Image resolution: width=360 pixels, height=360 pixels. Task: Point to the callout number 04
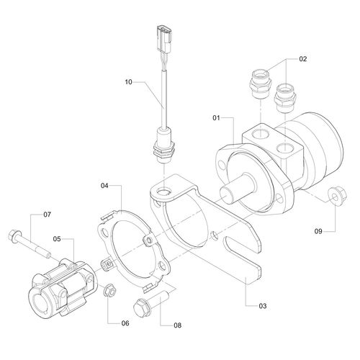(x=104, y=186)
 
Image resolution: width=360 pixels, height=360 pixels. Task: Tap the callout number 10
(x=129, y=83)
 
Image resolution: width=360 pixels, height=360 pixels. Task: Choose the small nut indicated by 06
(x=111, y=292)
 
